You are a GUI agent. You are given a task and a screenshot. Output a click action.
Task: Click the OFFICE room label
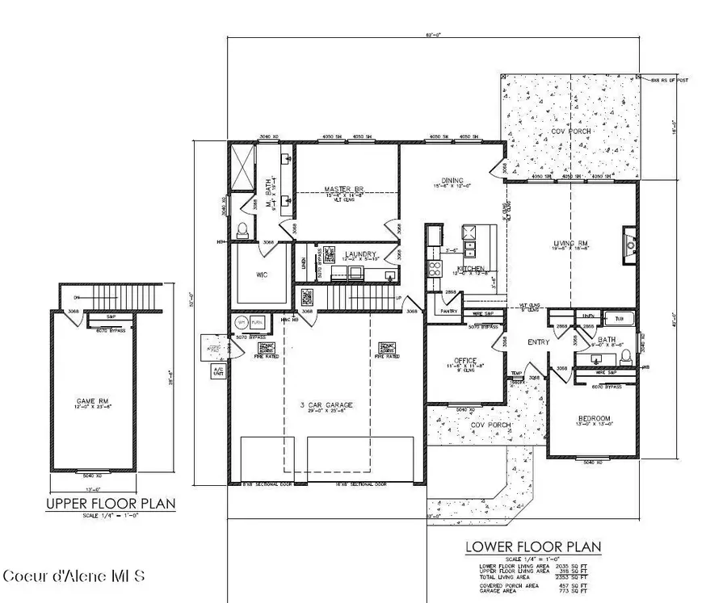click(x=465, y=361)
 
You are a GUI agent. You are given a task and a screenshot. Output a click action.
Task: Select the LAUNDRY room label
click(x=360, y=255)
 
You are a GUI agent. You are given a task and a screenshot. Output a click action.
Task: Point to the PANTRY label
click(x=448, y=311)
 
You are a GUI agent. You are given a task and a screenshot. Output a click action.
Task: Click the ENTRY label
click(x=539, y=342)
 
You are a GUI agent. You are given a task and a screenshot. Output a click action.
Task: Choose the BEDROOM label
click(x=594, y=418)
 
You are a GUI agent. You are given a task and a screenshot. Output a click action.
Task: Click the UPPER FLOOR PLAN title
click(x=111, y=504)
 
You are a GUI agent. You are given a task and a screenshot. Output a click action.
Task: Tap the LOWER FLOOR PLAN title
click(x=533, y=546)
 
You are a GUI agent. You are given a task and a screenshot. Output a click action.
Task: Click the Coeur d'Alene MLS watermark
click(x=74, y=576)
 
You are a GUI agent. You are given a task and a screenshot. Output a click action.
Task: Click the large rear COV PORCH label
click(x=571, y=131)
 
